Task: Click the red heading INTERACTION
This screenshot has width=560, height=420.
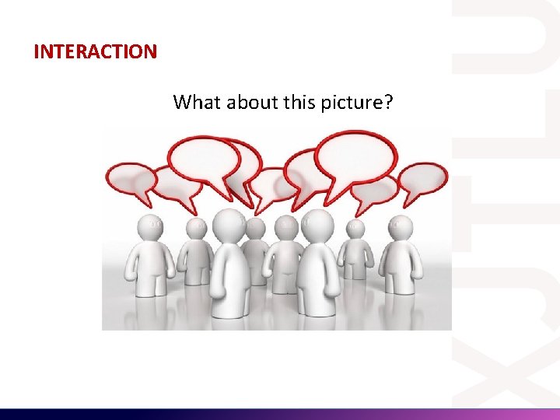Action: click(95, 52)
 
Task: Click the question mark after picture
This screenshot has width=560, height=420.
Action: click(388, 102)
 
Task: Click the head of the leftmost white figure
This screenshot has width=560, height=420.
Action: click(150, 226)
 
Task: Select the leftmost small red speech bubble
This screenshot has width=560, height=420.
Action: click(131, 180)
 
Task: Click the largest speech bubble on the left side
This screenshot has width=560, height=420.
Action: click(204, 159)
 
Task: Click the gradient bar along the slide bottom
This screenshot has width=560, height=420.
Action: click(280, 414)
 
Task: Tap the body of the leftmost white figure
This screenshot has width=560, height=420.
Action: click(149, 264)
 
